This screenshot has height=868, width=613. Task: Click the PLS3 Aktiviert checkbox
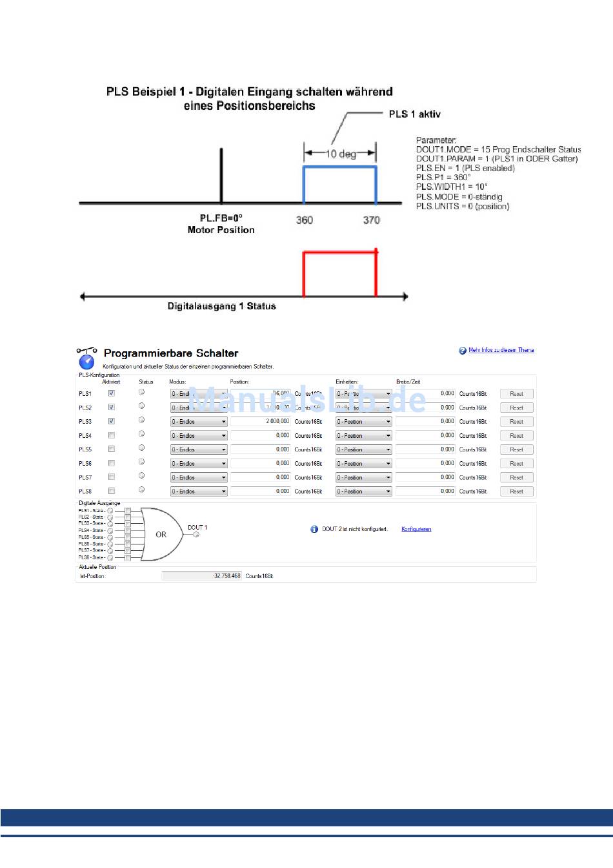[x=112, y=421]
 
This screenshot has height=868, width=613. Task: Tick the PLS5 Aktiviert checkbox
[x=112, y=449]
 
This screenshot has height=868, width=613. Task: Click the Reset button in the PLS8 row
[x=516, y=491]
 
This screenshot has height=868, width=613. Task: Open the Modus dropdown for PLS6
[x=199, y=464]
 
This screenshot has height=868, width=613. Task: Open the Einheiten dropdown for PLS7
[x=363, y=478]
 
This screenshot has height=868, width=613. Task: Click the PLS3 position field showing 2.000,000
[x=260, y=421]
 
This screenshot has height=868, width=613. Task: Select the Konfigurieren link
[x=416, y=529]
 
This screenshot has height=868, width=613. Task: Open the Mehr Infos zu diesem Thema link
[x=501, y=350]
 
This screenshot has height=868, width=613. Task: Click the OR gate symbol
[x=161, y=534]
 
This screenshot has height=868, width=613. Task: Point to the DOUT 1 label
[x=197, y=528]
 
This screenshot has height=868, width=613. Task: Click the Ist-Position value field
[x=201, y=575]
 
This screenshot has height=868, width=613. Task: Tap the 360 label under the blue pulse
[x=305, y=220]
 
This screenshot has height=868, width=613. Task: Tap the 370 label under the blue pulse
[x=371, y=220]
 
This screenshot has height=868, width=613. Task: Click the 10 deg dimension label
[x=341, y=154]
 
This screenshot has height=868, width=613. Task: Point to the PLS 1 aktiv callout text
[x=414, y=114]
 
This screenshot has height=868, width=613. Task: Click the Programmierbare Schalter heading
[x=171, y=353]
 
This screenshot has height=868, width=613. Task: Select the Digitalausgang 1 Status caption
[x=222, y=306]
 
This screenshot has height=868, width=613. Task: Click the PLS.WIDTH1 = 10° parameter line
[x=452, y=187]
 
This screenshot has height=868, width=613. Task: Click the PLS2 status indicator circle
[x=141, y=406]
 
